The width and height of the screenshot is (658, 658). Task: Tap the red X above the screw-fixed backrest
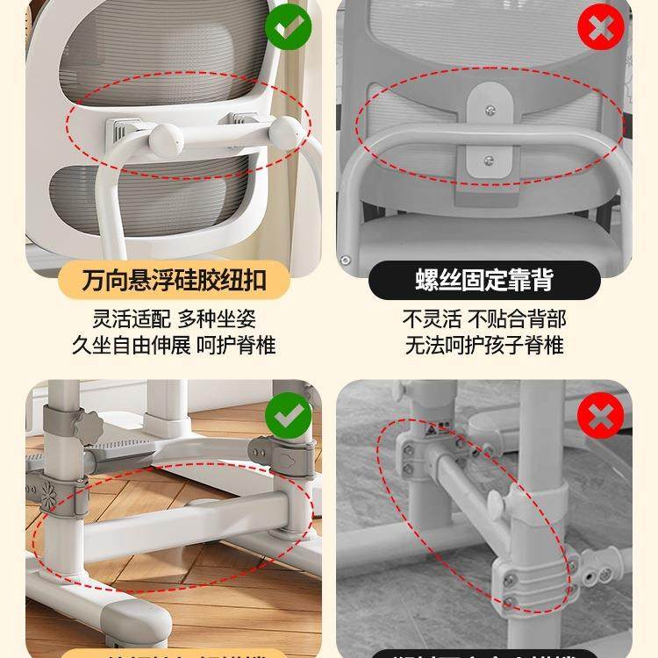coord(600,29)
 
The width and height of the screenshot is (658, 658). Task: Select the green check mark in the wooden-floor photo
coord(288,415)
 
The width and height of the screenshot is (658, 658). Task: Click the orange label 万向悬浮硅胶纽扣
coord(174,281)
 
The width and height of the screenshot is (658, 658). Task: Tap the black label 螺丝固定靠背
coord(484,281)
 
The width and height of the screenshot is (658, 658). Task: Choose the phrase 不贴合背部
coord(518,318)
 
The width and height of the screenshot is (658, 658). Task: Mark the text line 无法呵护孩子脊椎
coord(484,345)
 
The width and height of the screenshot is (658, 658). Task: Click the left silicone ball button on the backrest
coord(166,139)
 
